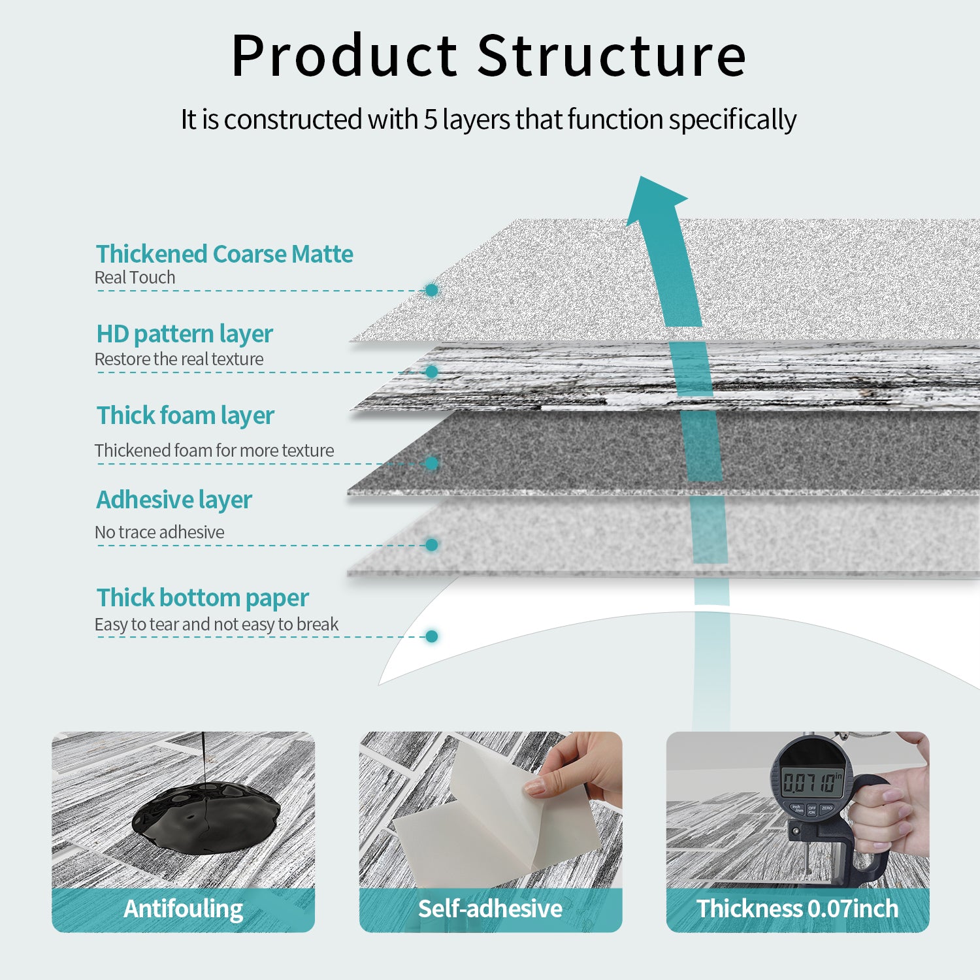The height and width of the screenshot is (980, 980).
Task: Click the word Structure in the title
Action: tap(612, 56)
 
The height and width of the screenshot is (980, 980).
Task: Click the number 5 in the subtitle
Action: tap(431, 120)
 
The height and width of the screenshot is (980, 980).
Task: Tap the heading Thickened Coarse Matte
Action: tap(224, 254)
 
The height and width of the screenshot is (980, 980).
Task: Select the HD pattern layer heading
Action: tap(184, 334)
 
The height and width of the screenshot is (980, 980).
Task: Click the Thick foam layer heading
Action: tap(186, 416)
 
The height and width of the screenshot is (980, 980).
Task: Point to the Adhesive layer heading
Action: tap(174, 500)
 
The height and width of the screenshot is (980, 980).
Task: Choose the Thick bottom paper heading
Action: tap(203, 598)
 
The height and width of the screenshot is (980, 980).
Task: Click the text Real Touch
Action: tap(135, 278)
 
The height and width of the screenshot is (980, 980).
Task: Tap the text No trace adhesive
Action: tap(159, 532)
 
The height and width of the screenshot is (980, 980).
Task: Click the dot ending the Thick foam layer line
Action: tap(431, 463)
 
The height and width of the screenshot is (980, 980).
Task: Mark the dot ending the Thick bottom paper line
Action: tap(431, 636)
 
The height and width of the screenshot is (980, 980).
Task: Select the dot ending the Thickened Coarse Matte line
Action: tap(431, 290)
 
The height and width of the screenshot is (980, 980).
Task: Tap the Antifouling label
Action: tap(183, 909)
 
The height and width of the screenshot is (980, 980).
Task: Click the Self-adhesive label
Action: tap(490, 909)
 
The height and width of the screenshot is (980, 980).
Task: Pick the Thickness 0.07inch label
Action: tap(797, 909)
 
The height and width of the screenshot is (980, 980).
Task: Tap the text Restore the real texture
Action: tap(178, 359)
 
